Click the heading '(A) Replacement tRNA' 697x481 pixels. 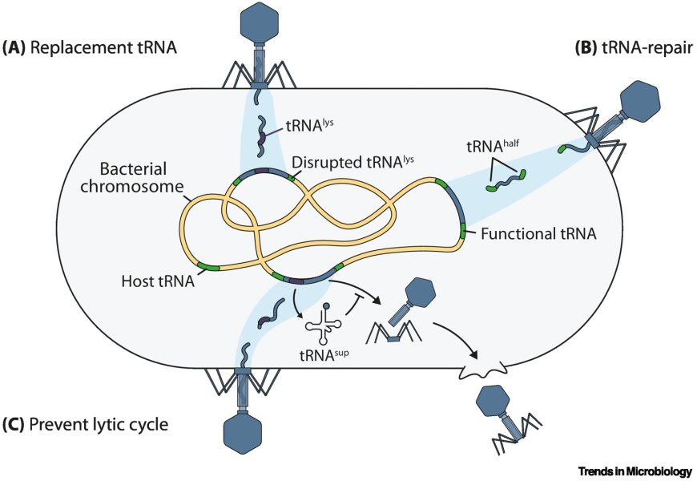point(89,47)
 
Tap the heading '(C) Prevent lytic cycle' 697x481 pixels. point(86,424)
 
